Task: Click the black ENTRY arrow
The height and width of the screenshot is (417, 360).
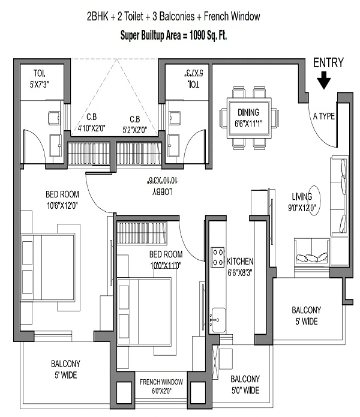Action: [323, 80]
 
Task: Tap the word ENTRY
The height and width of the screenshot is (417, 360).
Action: [328, 63]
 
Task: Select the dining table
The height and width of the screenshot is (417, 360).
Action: [249, 118]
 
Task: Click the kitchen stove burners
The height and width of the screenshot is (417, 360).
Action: [218, 257]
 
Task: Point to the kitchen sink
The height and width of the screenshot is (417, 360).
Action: [218, 320]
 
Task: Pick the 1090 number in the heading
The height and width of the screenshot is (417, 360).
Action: [197, 35]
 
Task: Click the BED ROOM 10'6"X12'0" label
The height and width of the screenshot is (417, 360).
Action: [62, 200]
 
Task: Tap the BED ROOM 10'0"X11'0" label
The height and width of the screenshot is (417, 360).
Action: [166, 260]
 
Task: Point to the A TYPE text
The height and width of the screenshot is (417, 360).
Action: [324, 116]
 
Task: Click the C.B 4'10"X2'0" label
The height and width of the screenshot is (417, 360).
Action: [91, 122]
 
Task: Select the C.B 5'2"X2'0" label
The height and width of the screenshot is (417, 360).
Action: [135, 124]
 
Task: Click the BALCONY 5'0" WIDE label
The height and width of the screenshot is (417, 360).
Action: [245, 385]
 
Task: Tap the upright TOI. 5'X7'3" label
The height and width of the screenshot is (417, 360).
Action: [40, 79]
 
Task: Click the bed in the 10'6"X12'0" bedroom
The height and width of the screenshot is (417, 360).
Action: [47, 267]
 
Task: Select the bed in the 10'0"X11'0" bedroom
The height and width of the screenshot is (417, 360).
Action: [144, 311]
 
